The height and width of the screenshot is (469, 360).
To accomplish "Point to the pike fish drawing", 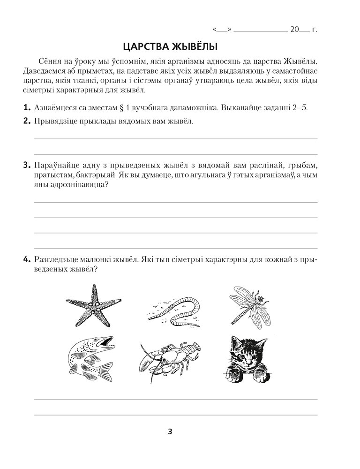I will pyautogui.click(x=90, y=359).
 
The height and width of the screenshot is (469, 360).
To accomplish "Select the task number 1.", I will pyautogui.click(x=27, y=107).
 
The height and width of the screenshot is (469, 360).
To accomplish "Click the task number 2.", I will pyautogui.click(x=27, y=121).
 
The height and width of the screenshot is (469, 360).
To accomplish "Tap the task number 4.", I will pyautogui.click(x=27, y=260).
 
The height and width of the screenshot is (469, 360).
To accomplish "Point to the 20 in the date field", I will pyautogui.click(x=295, y=29).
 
